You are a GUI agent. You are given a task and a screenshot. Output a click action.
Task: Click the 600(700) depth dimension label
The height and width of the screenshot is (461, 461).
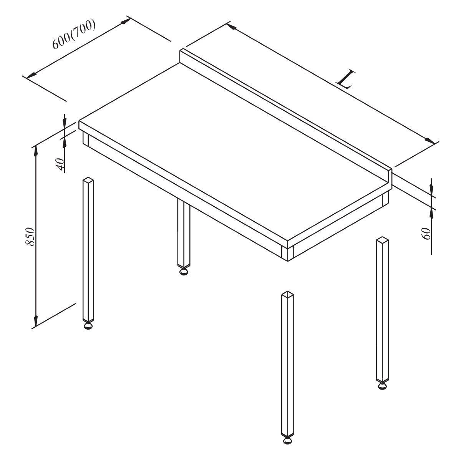pyautogui.click(x=74, y=34)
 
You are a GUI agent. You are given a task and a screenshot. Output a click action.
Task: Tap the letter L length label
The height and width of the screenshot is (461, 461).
pyautogui.click(x=345, y=80)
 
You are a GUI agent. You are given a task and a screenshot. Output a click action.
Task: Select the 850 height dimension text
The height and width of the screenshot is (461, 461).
pyautogui.click(x=30, y=236)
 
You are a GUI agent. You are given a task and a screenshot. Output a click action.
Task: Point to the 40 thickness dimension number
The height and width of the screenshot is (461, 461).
pyautogui.click(x=61, y=164)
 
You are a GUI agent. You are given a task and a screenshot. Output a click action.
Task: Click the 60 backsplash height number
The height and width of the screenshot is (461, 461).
pyautogui.click(x=426, y=234)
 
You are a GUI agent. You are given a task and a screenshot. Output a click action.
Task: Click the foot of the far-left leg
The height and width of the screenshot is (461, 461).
pyautogui.click(x=88, y=326)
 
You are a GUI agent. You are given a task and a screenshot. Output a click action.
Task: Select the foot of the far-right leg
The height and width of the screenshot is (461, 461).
pyautogui.click(x=382, y=393)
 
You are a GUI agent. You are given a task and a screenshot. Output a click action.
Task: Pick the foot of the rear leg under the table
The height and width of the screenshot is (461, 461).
pyautogui.click(x=184, y=272)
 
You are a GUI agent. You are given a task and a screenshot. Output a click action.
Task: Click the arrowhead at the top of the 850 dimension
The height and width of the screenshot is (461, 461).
pyautogui.click(x=36, y=150)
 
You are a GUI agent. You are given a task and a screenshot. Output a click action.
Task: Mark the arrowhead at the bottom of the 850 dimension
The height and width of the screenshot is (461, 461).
pyautogui.click(x=36, y=321)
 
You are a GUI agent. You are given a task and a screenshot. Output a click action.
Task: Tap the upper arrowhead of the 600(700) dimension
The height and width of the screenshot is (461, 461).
pyautogui.click(x=126, y=21)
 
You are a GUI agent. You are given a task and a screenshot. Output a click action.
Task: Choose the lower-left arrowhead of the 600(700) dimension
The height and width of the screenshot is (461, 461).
pyautogui.click(x=32, y=75)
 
